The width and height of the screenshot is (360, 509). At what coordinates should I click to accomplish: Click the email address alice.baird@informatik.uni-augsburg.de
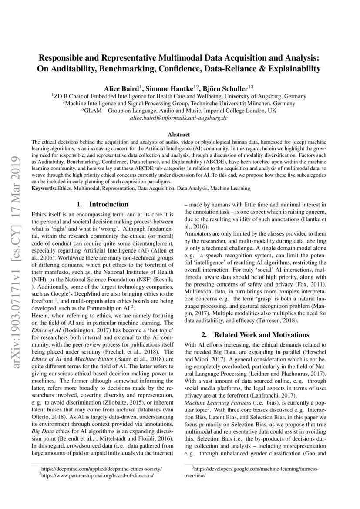tap(179, 118)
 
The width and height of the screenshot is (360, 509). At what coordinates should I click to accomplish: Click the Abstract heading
tap(179, 135)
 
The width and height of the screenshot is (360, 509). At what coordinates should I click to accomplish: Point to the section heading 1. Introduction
tap(102, 204)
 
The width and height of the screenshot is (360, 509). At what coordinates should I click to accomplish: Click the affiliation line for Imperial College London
tap(179, 111)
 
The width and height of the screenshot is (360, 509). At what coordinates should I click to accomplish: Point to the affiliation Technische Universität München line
tap(179, 103)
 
